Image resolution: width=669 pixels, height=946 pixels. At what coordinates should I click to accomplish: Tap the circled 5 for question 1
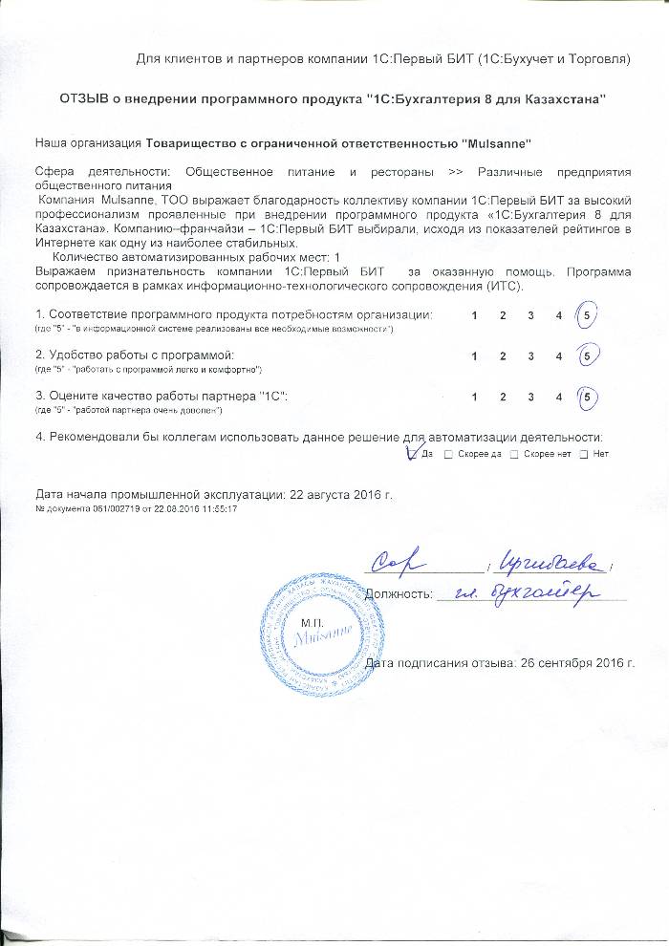(x=588, y=315)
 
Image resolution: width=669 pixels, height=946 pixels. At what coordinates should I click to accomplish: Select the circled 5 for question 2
(x=588, y=355)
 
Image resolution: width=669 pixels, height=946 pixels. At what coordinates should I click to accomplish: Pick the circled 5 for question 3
(x=588, y=396)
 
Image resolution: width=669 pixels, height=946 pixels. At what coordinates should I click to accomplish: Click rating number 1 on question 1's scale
(x=474, y=315)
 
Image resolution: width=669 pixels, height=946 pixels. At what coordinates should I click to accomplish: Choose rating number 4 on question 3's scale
(x=559, y=396)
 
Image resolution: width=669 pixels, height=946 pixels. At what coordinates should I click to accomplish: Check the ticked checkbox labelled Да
(x=413, y=453)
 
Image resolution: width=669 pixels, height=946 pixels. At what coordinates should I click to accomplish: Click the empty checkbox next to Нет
(x=583, y=454)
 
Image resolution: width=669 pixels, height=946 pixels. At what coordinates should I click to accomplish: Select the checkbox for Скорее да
(x=448, y=454)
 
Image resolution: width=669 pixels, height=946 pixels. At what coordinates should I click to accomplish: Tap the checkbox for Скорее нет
(x=514, y=454)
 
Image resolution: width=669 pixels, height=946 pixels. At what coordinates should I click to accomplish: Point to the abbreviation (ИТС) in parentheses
(x=504, y=286)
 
